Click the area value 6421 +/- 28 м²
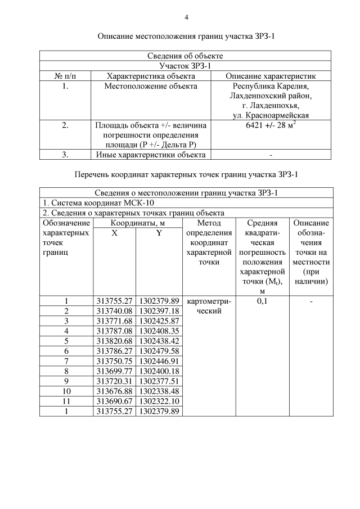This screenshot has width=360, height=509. [271, 125]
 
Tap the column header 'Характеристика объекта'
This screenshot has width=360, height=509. [151, 76]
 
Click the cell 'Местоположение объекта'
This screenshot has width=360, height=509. [151, 86]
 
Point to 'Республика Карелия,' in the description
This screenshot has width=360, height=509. [271, 86]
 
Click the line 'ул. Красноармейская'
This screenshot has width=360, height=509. [271, 115]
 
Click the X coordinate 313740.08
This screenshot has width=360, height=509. [114, 311]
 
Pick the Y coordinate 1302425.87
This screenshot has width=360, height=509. [159, 321]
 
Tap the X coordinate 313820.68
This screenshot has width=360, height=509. [114, 341]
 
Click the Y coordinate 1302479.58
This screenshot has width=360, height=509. [159, 351]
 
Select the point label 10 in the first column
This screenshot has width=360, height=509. [66, 391]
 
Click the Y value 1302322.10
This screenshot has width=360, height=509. [159, 401]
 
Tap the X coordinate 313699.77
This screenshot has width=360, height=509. [114, 371]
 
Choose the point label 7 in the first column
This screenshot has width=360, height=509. [66, 361]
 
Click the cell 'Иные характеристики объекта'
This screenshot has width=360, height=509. [151, 154]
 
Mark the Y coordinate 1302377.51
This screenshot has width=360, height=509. [159, 381]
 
